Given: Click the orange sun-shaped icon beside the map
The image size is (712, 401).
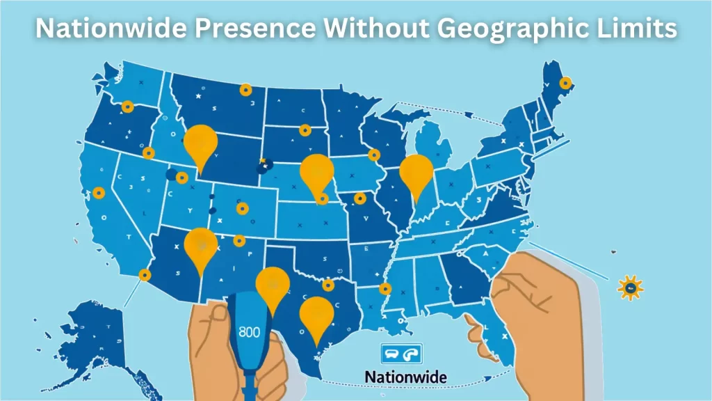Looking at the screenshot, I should click(630, 287).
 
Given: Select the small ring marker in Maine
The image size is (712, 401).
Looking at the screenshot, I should click(566, 83).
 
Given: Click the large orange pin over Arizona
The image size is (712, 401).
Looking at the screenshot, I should click(201, 245).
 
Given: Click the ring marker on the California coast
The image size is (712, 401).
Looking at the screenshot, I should click(99, 192).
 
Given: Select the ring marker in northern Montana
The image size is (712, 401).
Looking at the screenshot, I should click(245, 90).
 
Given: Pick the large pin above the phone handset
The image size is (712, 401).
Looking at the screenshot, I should click(273, 285).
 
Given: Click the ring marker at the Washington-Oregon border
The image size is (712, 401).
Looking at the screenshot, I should click(127, 107).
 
